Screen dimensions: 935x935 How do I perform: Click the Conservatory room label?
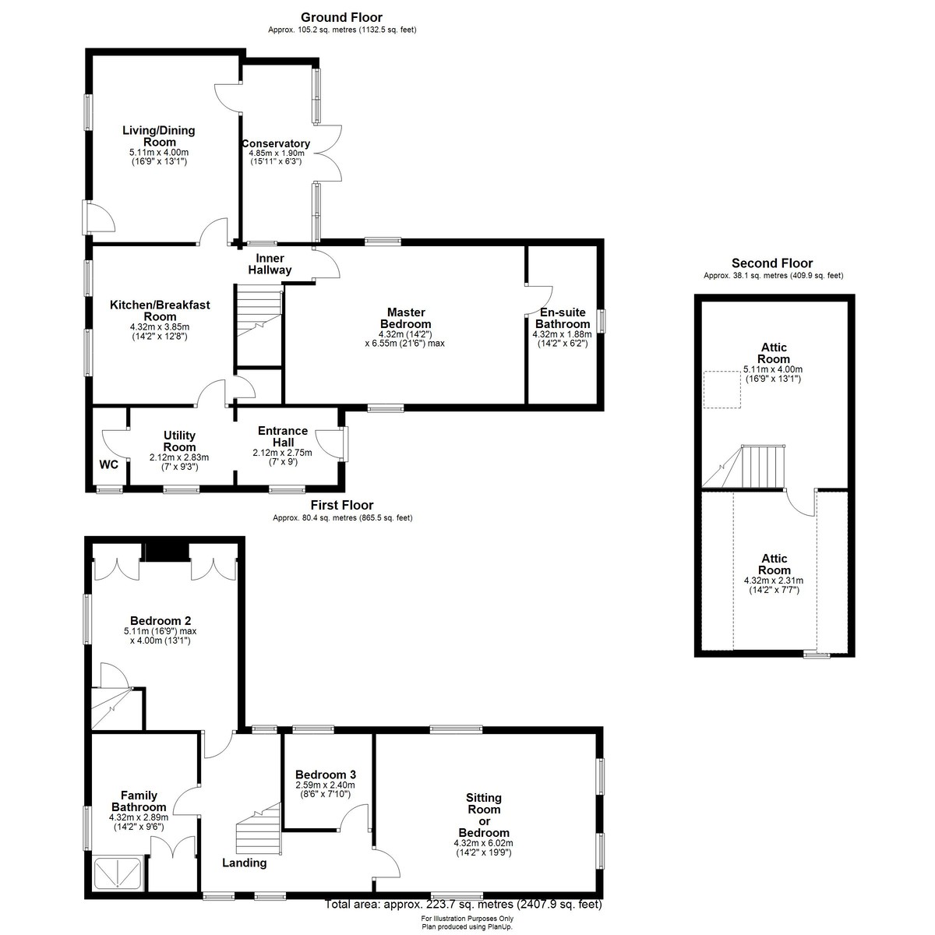(x=276, y=143)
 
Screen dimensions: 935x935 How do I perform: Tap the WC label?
(x=108, y=465)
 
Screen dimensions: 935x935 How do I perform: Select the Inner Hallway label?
(x=270, y=264)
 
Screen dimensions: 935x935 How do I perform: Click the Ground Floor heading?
(x=341, y=17)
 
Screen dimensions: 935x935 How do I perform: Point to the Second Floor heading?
(x=772, y=263)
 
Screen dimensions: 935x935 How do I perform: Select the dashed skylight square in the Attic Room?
(x=722, y=390)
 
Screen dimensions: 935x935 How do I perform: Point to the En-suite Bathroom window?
(x=601, y=321)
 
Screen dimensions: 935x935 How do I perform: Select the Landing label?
(x=245, y=863)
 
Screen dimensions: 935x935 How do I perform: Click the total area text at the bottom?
(x=464, y=905)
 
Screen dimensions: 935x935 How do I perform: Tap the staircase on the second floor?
(x=743, y=466)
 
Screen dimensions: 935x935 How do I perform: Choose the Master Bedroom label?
(x=406, y=319)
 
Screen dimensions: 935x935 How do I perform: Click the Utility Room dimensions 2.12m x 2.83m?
(x=179, y=457)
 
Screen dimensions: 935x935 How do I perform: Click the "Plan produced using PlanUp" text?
(x=467, y=926)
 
